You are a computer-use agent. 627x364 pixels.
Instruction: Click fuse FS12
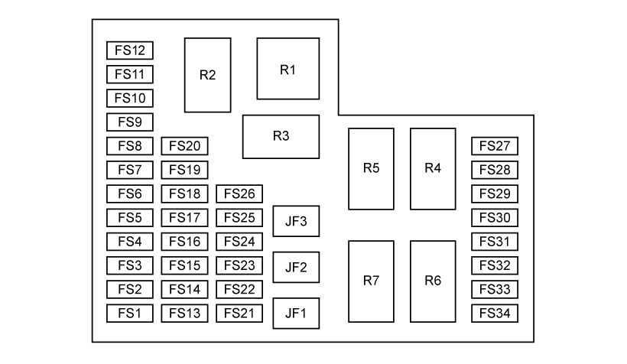click(x=130, y=50)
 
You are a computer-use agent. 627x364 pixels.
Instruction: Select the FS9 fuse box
click(x=130, y=122)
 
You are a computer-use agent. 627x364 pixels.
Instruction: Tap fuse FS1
click(x=130, y=313)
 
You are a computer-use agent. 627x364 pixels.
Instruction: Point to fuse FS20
click(x=184, y=146)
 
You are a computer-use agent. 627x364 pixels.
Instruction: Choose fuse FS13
click(x=184, y=313)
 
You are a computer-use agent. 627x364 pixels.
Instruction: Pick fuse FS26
click(x=239, y=193)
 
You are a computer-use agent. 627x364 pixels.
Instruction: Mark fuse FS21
click(x=239, y=313)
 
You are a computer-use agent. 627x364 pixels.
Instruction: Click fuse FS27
click(x=495, y=146)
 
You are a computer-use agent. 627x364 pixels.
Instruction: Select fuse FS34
click(x=495, y=313)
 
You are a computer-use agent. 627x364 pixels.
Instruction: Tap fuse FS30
click(x=495, y=217)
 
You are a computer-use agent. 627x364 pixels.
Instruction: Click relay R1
click(x=288, y=69)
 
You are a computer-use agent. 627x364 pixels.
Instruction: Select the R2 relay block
click(x=207, y=75)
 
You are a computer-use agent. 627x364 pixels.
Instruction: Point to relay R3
click(x=281, y=137)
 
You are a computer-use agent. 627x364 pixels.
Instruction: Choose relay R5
click(x=372, y=168)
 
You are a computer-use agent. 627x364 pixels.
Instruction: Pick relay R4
click(x=433, y=168)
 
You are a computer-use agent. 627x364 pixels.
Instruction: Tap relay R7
click(x=372, y=281)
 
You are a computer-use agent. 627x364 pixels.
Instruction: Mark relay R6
click(x=433, y=281)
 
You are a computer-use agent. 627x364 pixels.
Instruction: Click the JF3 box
click(x=296, y=222)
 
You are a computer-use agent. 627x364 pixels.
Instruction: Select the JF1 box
click(x=296, y=313)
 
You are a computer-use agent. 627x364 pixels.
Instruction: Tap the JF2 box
click(x=296, y=267)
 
